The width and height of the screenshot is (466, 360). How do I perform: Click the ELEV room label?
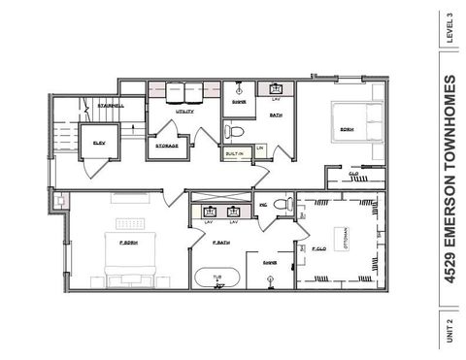(x=98, y=142)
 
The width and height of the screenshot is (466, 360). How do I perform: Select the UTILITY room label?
(x=184, y=112)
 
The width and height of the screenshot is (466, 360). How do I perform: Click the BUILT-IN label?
(x=234, y=152)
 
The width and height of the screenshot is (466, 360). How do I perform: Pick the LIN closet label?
(x=260, y=147)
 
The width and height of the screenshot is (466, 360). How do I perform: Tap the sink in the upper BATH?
(x=275, y=88)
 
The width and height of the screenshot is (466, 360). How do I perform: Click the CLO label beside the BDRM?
(x=352, y=175)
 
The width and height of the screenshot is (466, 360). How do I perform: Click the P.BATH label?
(x=221, y=242)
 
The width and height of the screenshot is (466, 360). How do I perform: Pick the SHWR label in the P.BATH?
(x=270, y=262)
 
